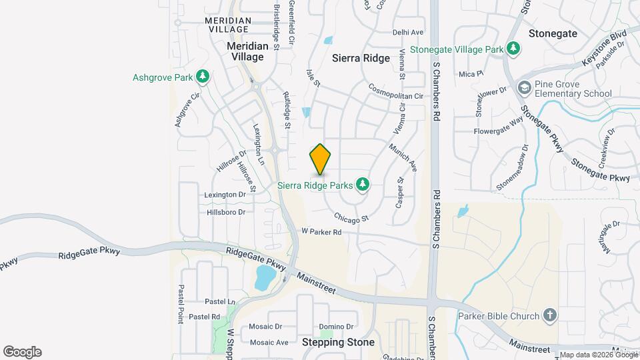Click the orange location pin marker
[321, 159]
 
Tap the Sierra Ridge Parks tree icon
[363, 183]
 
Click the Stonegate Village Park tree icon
[513, 49]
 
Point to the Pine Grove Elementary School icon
[525, 88]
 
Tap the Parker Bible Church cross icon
[549, 315]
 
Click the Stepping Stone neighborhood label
[339, 342]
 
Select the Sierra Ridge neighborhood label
[361, 58]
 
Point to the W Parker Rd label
[321, 232]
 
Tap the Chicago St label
[351, 218]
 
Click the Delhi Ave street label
[409, 32]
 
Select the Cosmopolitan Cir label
[397, 91]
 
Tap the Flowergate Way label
[498, 126]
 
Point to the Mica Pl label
[467, 74]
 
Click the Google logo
[22, 352]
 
